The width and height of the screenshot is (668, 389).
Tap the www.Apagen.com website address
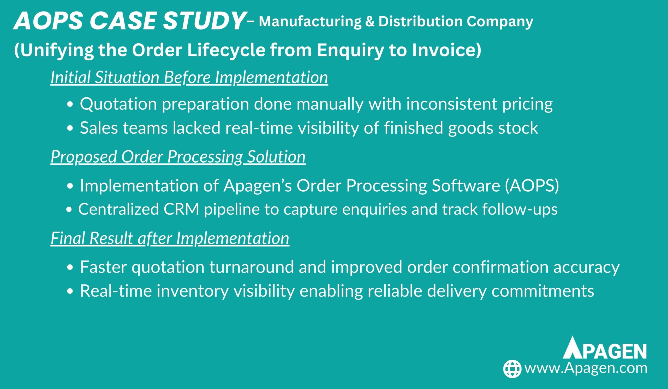pos(586,369)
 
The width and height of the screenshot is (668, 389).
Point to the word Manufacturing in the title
pos(310,21)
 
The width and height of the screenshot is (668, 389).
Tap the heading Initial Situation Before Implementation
pos(189,78)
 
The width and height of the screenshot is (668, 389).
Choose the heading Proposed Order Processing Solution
pos(178,157)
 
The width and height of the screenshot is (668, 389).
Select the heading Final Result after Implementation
pos(170,238)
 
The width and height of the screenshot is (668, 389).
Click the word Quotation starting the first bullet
pos(118,104)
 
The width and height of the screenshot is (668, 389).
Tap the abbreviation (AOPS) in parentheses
pos(532,186)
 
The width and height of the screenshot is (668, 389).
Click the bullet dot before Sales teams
pos(70,129)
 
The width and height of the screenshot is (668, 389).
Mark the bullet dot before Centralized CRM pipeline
pos(69,210)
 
